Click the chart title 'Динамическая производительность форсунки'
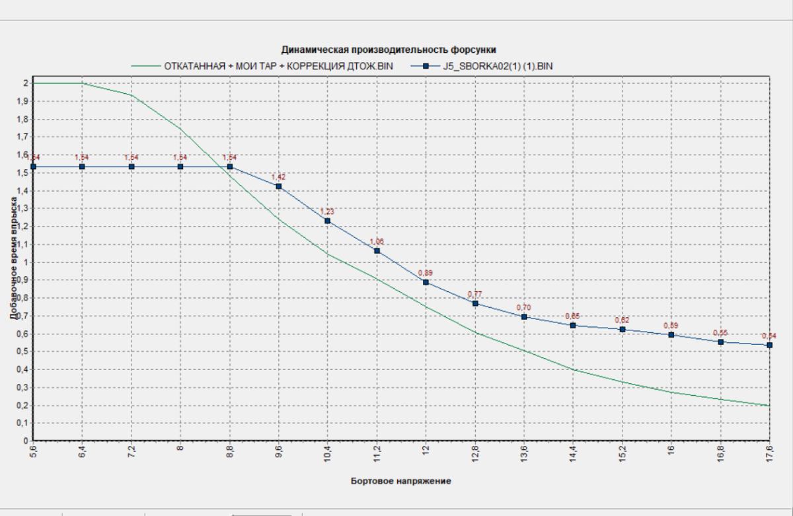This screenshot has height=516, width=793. point(389,50)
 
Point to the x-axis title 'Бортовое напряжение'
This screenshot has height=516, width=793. point(400,481)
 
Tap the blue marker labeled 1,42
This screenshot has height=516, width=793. point(279,186)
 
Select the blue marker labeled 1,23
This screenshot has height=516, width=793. point(328,221)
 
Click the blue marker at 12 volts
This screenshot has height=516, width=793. point(426,282)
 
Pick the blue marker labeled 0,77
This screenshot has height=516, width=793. point(475,303)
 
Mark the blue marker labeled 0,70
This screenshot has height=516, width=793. point(524,316)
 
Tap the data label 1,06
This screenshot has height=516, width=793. point(377,242)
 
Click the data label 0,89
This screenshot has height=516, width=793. point(426,273)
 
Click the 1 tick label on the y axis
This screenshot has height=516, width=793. point(26,262)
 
